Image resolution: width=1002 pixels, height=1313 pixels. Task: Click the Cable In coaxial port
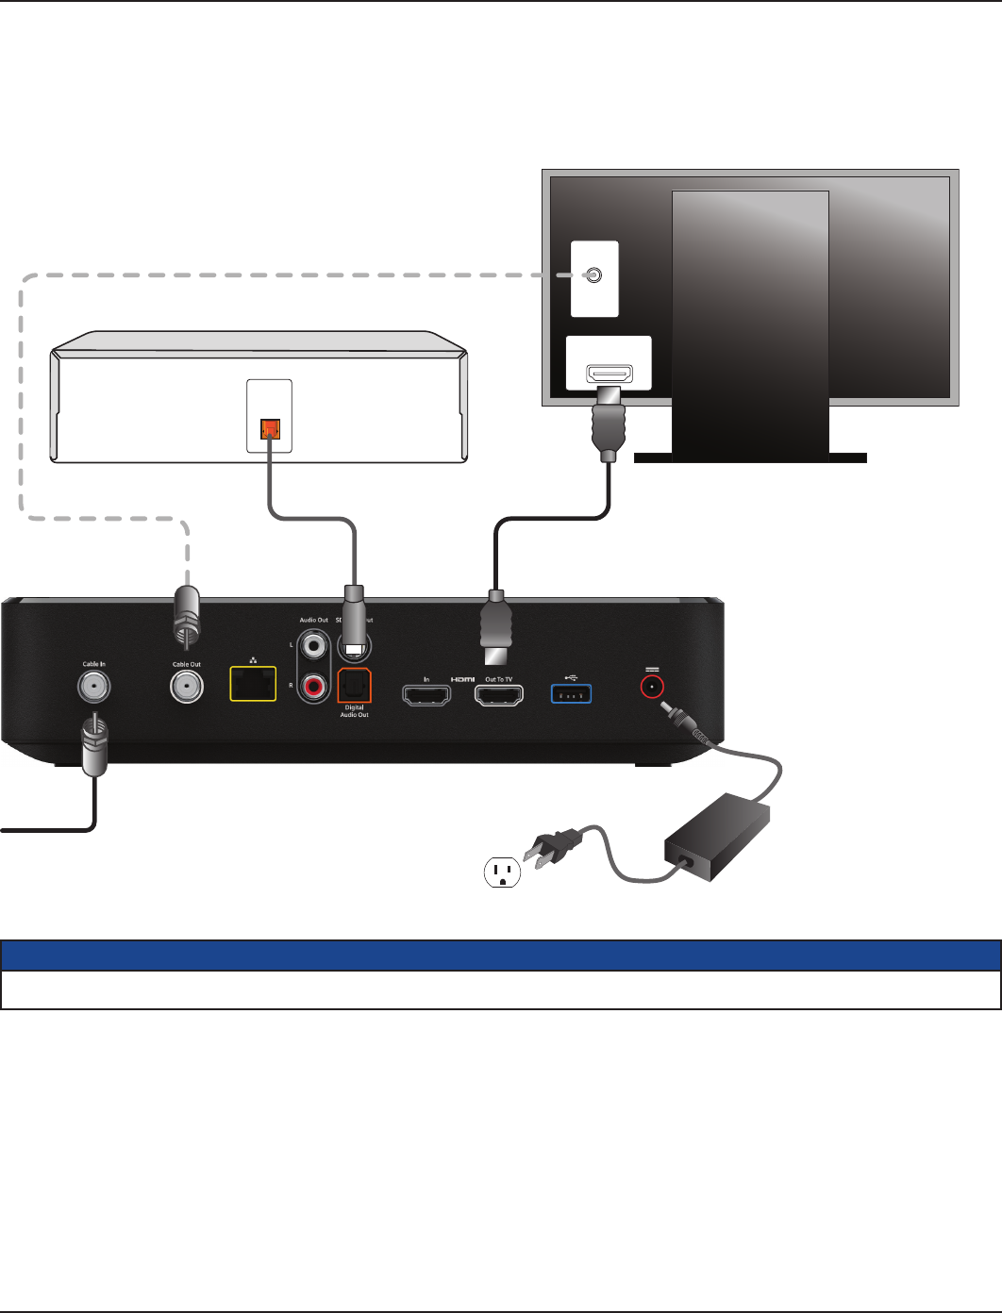[93, 688]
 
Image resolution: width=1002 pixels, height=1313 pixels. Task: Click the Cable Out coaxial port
[186, 688]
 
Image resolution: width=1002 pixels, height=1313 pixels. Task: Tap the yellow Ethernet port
[253, 684]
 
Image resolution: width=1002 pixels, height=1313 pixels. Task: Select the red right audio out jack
[312, 685]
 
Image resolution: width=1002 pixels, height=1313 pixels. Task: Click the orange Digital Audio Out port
[355, 686]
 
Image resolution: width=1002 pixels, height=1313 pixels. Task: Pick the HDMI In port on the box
[426, 695]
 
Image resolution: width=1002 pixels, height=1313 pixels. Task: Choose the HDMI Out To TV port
[498, 695]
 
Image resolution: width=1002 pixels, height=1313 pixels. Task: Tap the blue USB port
[571, 695]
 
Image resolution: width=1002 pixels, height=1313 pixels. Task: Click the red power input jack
[651, 686]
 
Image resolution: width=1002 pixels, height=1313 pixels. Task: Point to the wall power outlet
[502, 872]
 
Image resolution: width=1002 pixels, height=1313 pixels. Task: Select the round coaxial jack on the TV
[593, 274]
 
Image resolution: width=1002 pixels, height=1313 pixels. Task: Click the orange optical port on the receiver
[269, 431]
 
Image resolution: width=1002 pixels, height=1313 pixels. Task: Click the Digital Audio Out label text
[355, 711]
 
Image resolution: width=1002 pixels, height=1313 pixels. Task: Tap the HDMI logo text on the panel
[462, 679]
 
